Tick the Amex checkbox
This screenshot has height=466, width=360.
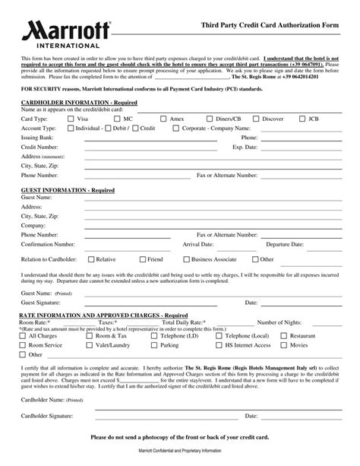coord(162,119)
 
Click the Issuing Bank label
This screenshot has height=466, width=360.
coord(38,138)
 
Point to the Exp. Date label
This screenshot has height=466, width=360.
coord(248,147)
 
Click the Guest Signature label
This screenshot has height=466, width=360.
coord(43,301)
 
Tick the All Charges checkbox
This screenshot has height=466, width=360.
coord(23,334)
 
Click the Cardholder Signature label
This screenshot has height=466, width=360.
coord(47,416)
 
